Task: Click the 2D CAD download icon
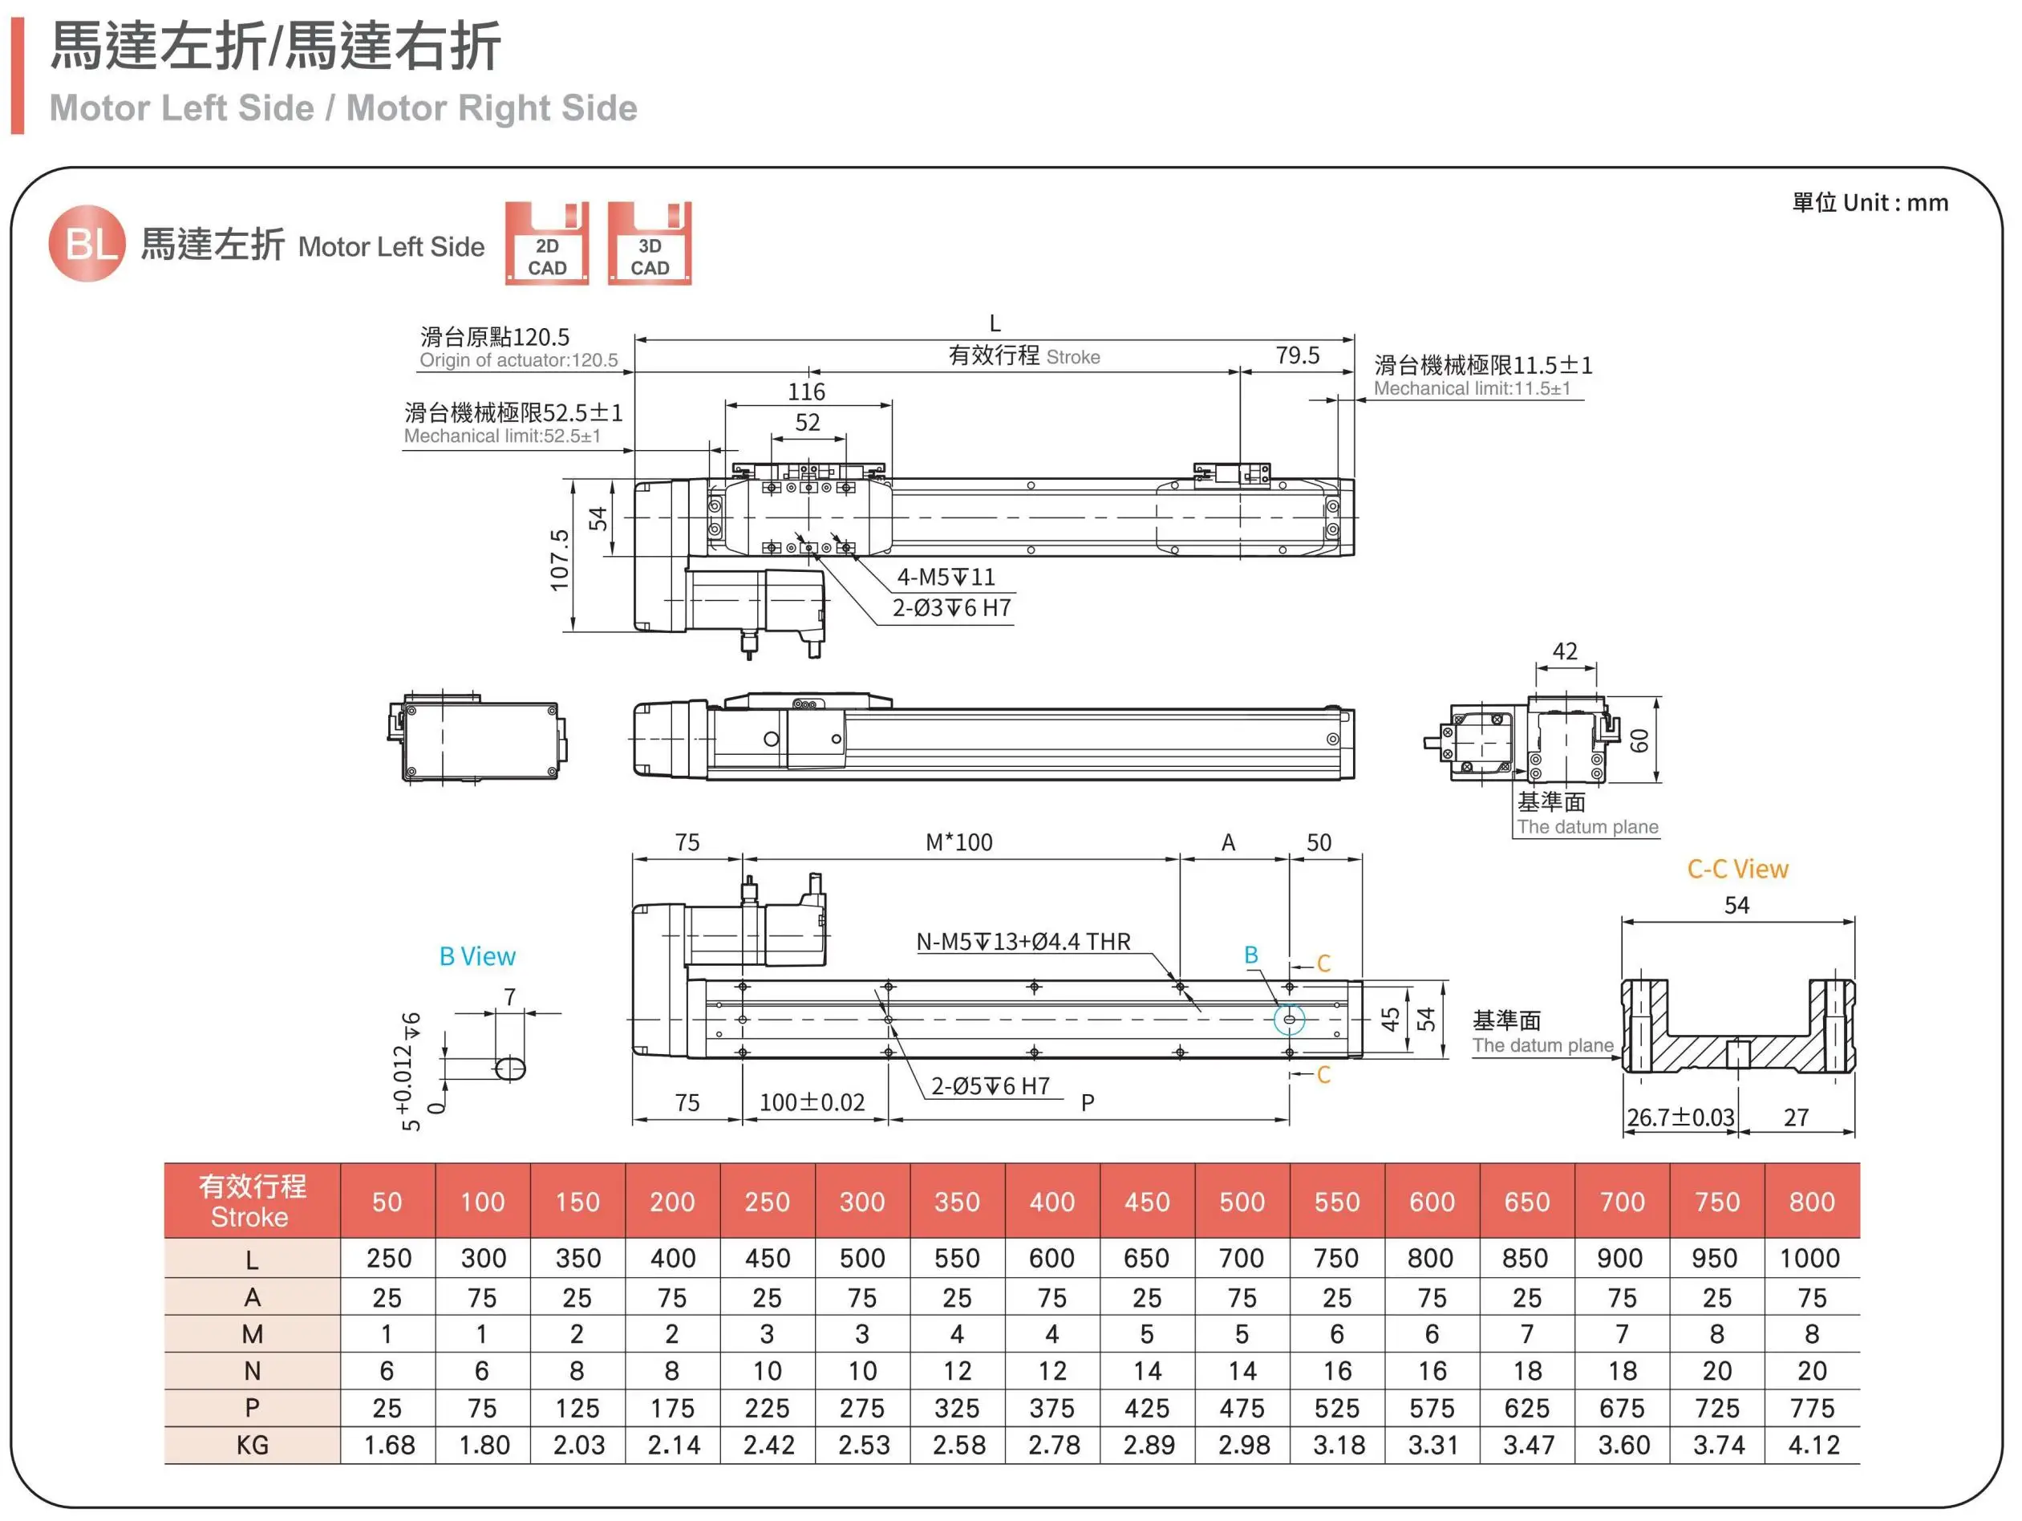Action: [547, 243]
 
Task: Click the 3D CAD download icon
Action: [649, 243]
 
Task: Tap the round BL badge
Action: [87, 243]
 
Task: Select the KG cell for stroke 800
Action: [1811, 1444]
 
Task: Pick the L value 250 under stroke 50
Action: [387, 1258]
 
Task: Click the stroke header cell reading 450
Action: [1146, 1201]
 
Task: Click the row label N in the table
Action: [253, 1370]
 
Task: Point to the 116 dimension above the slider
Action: [806, 392]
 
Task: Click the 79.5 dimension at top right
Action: [1297, 355]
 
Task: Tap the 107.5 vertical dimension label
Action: [559, 559]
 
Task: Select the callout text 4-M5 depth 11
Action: [945, 577]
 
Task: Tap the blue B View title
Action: [477, 956]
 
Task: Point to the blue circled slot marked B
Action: [1289, 1018]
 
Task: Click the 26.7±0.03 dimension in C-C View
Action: [1680, 1117]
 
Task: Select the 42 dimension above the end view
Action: [1564, 651]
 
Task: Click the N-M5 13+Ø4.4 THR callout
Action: [1023, 942]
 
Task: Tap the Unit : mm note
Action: [1870, 203]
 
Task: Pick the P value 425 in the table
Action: [1146, 1408]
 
